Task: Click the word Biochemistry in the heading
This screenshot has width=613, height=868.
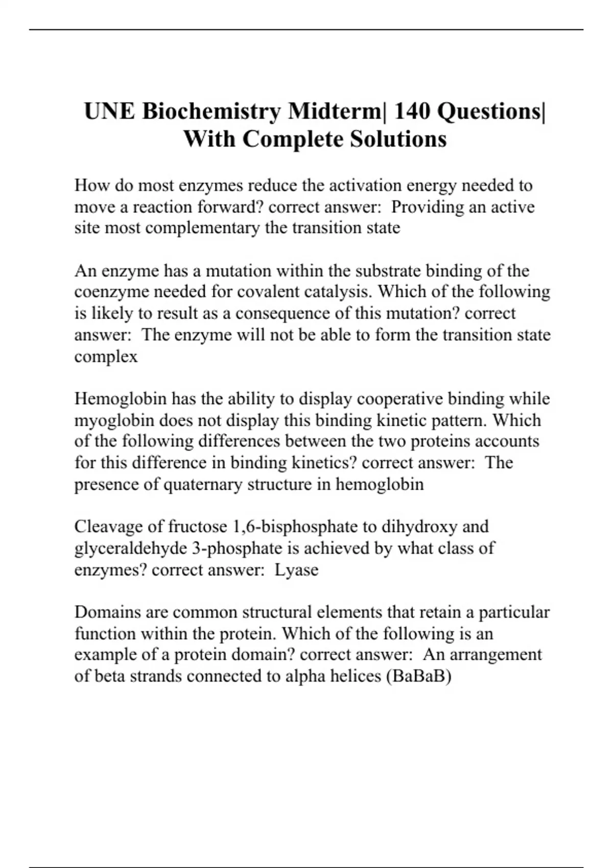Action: tap(211, 112)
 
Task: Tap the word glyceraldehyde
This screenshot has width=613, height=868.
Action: tap(131, 548)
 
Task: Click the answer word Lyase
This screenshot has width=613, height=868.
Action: tap(296, 570)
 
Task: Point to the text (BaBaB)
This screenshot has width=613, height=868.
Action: tap(419, 677)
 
